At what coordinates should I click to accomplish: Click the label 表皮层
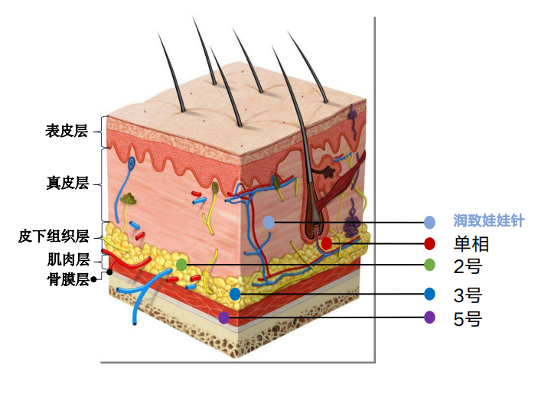(67, 131)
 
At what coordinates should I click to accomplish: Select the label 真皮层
(68, 183)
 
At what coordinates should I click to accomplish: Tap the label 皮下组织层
(54, 236)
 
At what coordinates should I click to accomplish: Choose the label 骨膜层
(68, 278)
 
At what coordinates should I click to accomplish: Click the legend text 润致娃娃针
(488, 221)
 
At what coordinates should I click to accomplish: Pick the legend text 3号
(468, 295)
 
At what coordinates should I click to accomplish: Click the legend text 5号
(468, 317)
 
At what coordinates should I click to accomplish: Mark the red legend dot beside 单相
(429, 244)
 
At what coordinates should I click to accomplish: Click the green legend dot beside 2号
(429, 265)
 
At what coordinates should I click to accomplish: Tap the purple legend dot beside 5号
(429, 317)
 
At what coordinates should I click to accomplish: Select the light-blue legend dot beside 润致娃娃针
(429, 222)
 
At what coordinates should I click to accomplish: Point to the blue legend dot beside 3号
(429, 294)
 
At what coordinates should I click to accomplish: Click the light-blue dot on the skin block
(268, 222)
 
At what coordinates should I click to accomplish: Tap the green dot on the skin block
(181, 264)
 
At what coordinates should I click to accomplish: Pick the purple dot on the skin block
(223, 316)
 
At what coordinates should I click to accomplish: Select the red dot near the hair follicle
(327, 243)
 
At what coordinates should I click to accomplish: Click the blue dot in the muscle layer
(235, 294)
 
